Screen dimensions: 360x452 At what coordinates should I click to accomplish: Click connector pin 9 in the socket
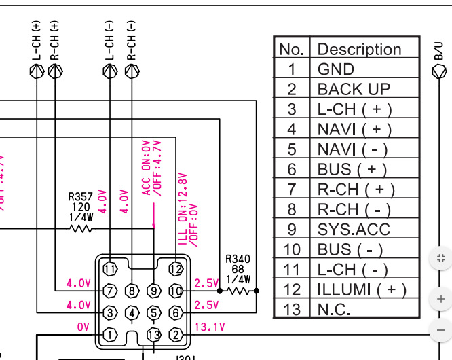[x=154, y=291]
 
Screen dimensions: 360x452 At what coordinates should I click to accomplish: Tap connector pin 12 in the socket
[x=176, y=269]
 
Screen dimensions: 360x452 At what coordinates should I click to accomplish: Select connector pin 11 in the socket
[x=110, y=269]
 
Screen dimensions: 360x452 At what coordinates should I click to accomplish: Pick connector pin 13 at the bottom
[x=154, y=334]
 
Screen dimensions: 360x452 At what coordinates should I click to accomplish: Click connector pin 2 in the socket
[x=176, y=334]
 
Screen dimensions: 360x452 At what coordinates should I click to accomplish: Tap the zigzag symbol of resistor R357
[x=81, y=229]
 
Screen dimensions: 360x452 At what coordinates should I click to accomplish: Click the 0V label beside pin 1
[x=83, y=327]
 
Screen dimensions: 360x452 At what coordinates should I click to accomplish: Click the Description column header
[x=359, y=49]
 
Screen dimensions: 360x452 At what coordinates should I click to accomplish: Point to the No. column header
[x=291, y=49]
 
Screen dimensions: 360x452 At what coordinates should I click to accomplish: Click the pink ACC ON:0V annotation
[x=146, y=168]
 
